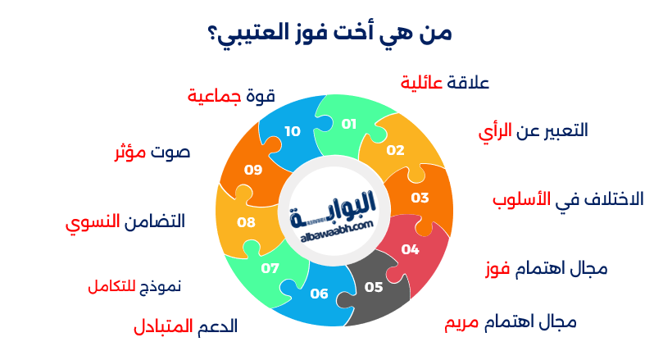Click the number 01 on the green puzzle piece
pos(349,124)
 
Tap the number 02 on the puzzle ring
pos(396,150)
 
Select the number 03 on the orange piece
pos(420,198)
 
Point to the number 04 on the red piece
pos(411,249)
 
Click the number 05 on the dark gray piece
pos(374,287)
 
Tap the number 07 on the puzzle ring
pos(270,268)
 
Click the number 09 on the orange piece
pos(253,170)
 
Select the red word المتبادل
pos(163,326)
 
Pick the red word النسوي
pos(92,221)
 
